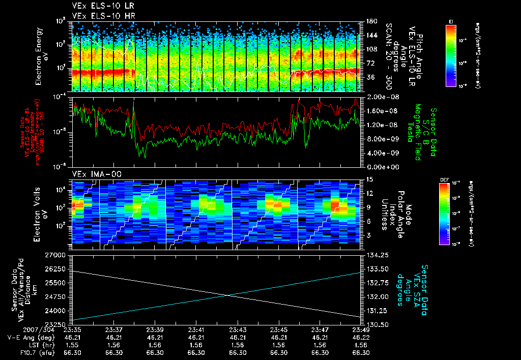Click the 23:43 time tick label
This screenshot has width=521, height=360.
click(x=238, y=329)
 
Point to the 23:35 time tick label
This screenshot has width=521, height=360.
click(x=72, y=329)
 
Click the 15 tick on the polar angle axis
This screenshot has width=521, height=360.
click(x=367, y=179)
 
